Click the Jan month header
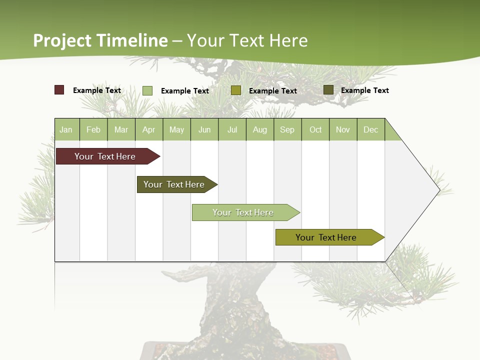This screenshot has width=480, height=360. coord(66,129)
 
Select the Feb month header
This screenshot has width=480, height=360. coord(93,129)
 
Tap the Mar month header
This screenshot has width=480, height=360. coord(121,129)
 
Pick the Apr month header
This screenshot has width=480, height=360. coord(149,129)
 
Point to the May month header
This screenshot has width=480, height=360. coord(176,129)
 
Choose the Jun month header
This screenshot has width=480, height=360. coord(204,129)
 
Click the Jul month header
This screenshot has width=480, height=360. coord(232,129)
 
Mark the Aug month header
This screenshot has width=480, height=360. coord(260,129)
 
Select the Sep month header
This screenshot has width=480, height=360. coord(287,129)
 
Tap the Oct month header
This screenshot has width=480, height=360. coord(315,129)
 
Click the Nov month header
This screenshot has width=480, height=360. coord(343,129)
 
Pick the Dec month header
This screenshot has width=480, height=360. coord(370,129)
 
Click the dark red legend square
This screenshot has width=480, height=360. coord(59,90)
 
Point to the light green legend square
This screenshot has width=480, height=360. coord(147,90)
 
